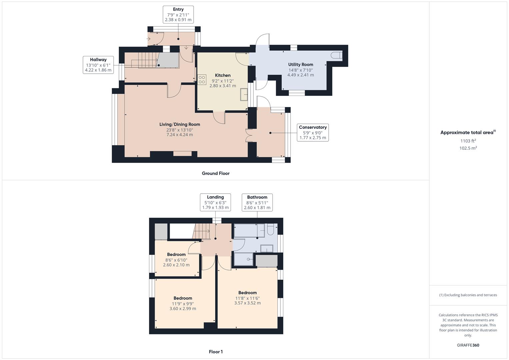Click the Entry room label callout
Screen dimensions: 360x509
tap(178, 15)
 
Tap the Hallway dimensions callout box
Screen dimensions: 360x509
tap(98, 65)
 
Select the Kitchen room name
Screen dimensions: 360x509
tap(223, 75)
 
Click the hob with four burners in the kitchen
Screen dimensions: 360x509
tap(202, 80)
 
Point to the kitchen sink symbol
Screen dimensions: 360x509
tap(244, 94)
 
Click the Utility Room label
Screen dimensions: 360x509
tap(300, 64)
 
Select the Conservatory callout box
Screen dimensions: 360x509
tap(312, 132)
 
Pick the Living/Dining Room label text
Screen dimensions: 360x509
tap(180, 124)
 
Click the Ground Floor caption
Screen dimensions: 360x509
tap(215, 173)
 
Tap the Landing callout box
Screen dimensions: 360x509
tap(215, 202)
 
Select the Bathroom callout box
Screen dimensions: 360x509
tap(257, 202)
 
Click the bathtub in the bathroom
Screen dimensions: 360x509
tap(249, 230)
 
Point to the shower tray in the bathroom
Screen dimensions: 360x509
tap(243, 259)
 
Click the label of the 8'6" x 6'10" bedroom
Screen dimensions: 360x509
tap(176, 254)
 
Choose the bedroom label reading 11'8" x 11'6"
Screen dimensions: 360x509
tap(247, 293)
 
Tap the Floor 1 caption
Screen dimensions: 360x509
tap(215, 352)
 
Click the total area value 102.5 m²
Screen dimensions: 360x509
tap(468, 148)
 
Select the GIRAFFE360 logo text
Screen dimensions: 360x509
tap(468, 345)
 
